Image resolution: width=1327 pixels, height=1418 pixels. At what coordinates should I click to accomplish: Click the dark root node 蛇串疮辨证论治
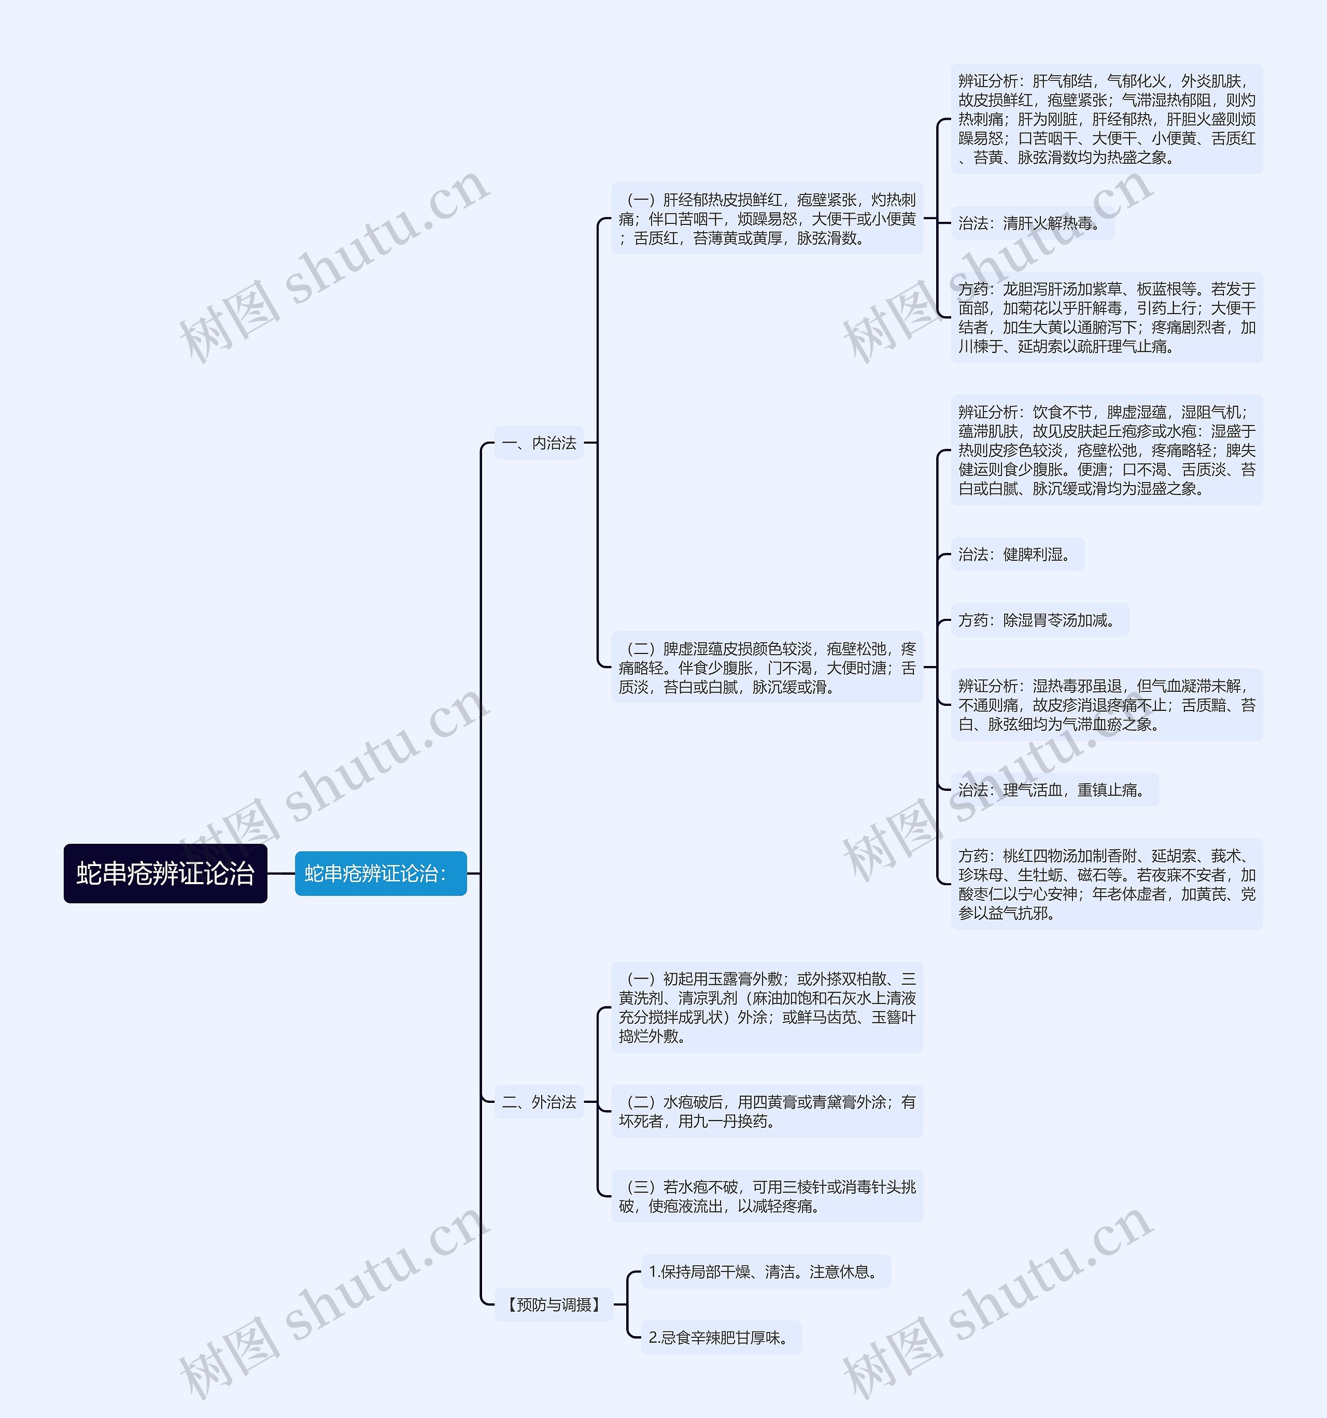click(x=165, y=873)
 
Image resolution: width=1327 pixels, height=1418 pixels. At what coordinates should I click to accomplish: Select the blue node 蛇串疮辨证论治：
click(x=380, y=873)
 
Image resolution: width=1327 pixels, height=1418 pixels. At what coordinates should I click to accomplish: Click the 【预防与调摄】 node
click(x=554, y=1304)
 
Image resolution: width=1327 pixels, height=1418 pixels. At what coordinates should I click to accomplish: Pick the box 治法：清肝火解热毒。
click(x=1032, y=223)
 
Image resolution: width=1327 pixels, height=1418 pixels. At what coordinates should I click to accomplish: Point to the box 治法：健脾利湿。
click(x=1018, y=554)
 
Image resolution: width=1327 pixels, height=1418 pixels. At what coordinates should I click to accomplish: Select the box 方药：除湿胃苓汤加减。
click(x=1039, y=620)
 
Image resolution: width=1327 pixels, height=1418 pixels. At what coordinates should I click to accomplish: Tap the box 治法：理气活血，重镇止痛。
click(x=1054, y=790)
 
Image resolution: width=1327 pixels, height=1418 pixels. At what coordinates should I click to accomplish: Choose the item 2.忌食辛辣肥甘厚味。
click(x=721, y=1337)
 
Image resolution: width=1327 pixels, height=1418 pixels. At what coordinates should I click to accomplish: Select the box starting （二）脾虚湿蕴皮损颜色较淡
click(x=767, y=668)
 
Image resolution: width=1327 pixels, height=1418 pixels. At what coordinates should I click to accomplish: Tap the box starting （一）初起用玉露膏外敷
click(x=767, y=1007)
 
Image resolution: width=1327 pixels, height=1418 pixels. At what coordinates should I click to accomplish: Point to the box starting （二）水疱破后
click(x=767, y=1111)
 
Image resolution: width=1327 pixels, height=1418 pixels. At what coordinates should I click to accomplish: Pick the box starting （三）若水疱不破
click(x=767, y=1196)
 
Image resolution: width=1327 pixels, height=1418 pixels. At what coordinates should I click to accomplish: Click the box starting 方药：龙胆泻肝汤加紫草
click(x=1107, y=317)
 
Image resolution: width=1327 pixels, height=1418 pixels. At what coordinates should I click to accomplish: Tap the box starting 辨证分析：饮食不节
click(x=1107, y=450)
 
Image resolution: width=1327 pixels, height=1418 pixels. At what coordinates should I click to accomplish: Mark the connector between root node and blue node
click(x=281, y=873)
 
